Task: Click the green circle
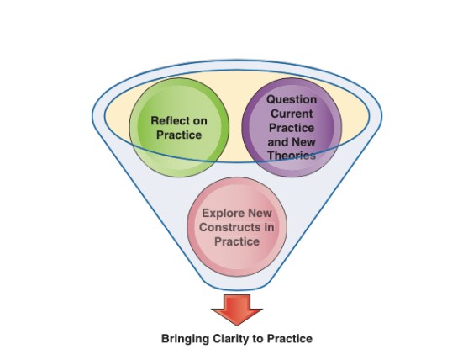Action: coord(178,126)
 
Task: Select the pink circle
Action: coord(235,227)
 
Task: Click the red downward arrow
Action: coord(236,308)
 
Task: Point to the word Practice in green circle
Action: coord(178,135)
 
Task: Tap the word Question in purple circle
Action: coord(292,99)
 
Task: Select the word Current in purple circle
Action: coord(291,114)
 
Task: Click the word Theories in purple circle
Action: coord(291,156)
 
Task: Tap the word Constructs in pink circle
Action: coord(226,227)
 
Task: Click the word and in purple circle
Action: coord(278,142)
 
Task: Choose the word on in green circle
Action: coord(199,120)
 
